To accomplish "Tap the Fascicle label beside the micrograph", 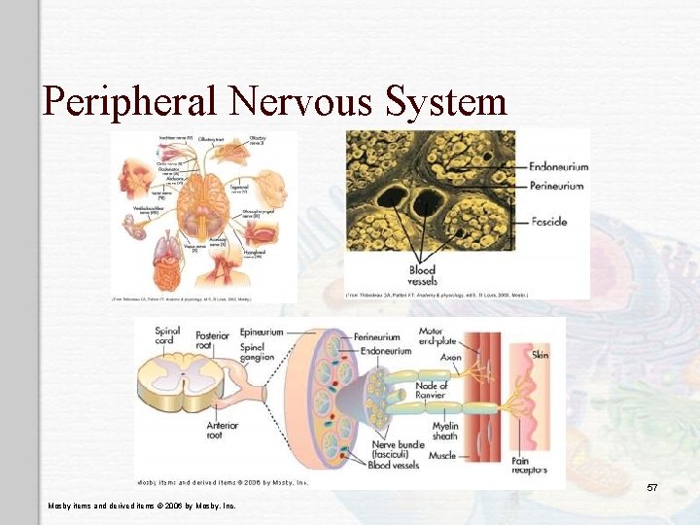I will [548, 222].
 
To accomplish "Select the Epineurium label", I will [262, 332].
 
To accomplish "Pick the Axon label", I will [450, 358].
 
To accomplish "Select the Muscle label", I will [442, 454].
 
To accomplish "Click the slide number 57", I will [651, 486].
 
